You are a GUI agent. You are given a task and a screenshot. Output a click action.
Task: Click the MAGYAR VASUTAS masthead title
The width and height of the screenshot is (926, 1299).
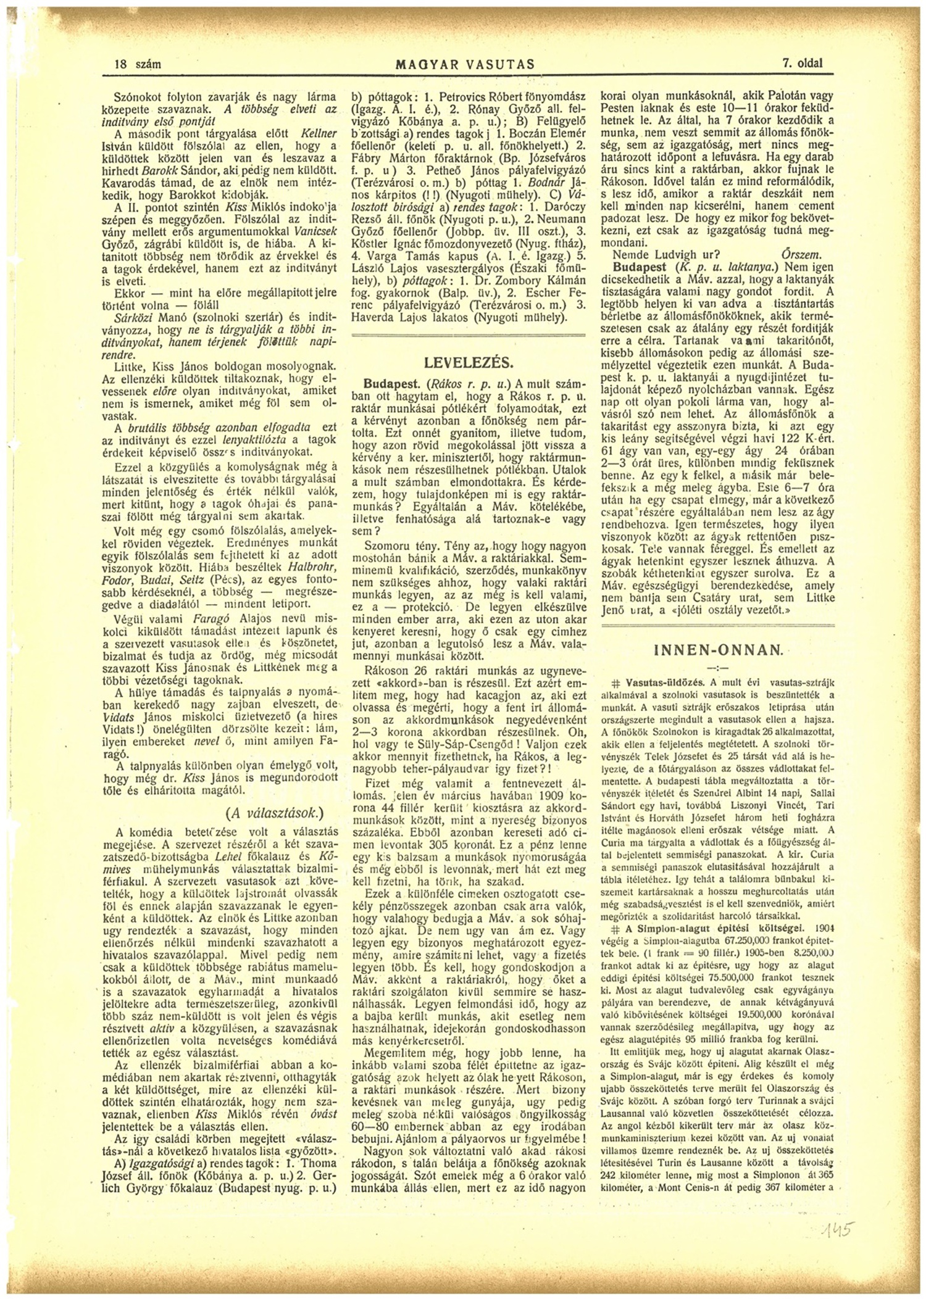pyautogui.click(x=465, y=64)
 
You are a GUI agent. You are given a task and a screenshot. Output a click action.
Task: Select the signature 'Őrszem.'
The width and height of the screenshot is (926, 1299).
pyautogui.click(x=800, y=254)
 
